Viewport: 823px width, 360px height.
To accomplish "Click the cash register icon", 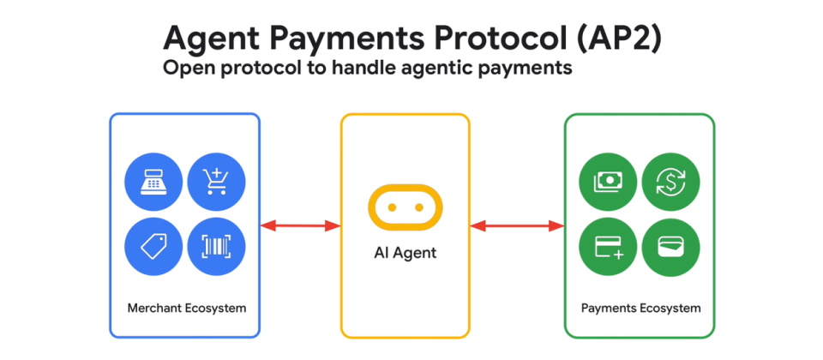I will point(154,183).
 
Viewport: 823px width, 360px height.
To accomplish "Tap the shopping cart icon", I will point(216,183).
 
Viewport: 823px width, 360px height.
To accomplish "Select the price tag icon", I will point(154,246).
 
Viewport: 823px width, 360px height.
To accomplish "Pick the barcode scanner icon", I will point(216,246).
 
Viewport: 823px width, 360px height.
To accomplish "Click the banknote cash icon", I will point(608,183).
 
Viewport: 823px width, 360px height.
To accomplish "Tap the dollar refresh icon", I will point(670,183).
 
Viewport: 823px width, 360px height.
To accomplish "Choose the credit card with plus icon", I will point(608,246).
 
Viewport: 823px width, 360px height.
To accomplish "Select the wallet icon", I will point(670,246).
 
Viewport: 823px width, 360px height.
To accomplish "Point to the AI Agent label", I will point(405,254).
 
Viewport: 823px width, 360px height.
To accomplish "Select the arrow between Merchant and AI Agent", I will point(300,226).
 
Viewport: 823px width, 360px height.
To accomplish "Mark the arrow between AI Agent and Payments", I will point(517,226).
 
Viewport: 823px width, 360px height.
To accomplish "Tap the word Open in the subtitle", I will point(186,69).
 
